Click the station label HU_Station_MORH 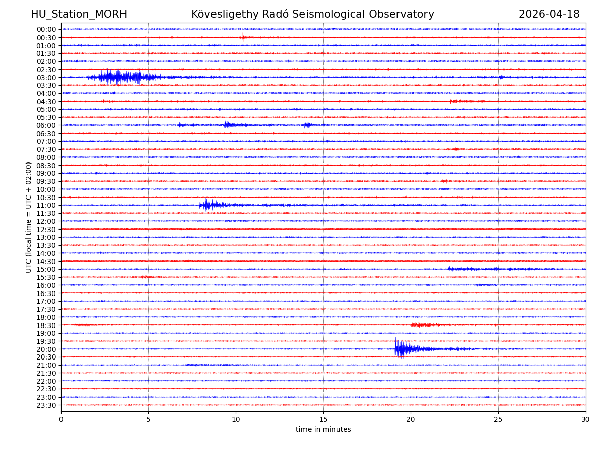click(79, 14)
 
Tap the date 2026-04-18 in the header click(549, 14)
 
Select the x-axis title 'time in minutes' click(323, 430)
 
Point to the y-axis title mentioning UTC click(29, 217)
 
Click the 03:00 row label click(46, 78)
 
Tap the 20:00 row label click(46, 349)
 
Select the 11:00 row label click(46, 205)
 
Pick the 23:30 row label click(46, 405)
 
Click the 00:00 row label click(46, 29)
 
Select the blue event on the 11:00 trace click(207, 205)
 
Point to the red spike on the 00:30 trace click(243, 37)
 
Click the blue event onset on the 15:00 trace click(450, 269)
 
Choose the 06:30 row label click(46, 134)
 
